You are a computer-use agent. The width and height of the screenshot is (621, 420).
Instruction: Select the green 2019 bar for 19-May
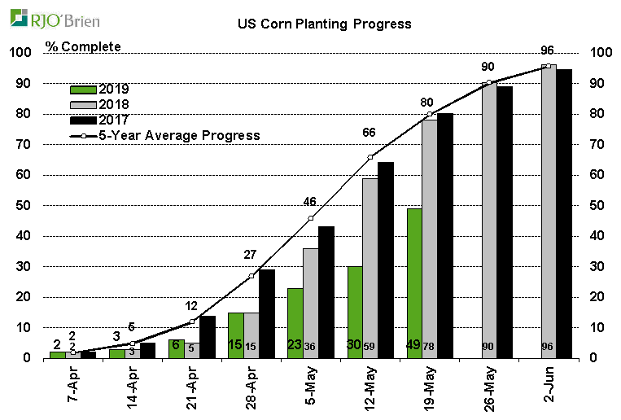click(x=414, y=283)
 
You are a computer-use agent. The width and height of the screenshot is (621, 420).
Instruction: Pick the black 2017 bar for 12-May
click(x=386, y=260)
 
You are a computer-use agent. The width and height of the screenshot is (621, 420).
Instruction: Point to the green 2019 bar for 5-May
click(x=295, y=323)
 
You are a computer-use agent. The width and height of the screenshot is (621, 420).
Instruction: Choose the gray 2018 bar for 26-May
click(x=488, y=221)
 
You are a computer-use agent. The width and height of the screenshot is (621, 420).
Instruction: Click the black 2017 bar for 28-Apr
click(x=266, y=314)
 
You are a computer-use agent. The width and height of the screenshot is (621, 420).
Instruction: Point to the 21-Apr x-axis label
click(x=192, y=390)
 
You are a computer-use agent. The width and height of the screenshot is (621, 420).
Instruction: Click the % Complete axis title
click(x=84, y=46)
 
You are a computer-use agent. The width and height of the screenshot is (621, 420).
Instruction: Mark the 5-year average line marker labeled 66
click(x=370, y=157)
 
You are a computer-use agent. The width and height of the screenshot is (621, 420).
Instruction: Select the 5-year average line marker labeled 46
click(x=311, y=218)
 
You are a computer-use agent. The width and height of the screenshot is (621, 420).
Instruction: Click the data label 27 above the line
click(x=251, y=255)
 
